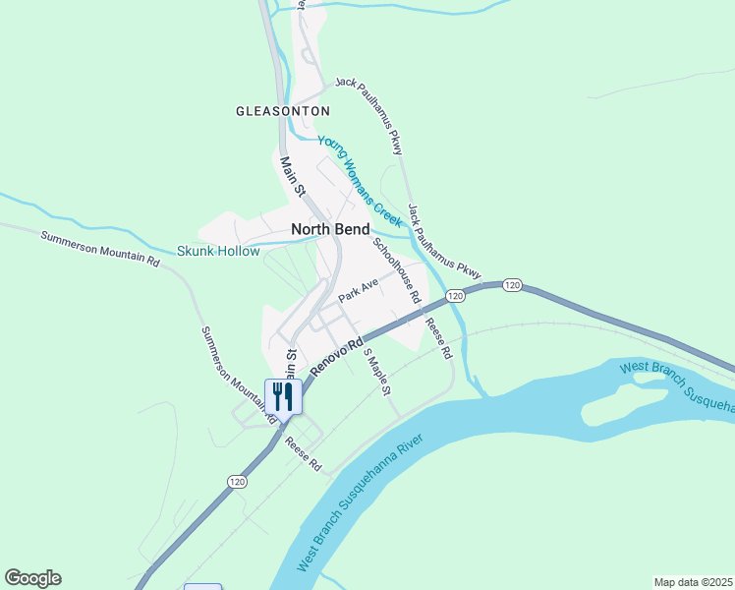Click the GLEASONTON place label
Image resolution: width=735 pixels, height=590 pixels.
click(283, 111)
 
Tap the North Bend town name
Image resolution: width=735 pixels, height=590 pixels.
click(330, 229)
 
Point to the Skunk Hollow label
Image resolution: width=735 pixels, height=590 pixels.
click(218, 251)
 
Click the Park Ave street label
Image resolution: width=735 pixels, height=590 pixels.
click(358, 289)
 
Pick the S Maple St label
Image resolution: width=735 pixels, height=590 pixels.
click(377, 372)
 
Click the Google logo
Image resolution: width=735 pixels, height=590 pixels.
click(32, 578)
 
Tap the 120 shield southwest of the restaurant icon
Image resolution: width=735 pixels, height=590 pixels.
click(236, 481)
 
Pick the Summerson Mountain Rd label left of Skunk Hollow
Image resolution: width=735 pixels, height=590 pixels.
click(99, 249)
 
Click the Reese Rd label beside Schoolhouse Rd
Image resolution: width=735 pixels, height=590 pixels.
click(437, 335)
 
